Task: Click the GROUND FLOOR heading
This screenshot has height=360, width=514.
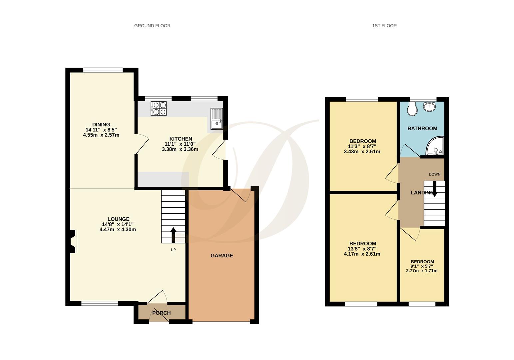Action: pyautogui.click(x=152, y=26)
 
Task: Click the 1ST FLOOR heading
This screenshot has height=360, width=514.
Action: pyautogui.click(x=384, y=26)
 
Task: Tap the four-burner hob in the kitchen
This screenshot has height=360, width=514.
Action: pyautogui.click(x=159, y=108)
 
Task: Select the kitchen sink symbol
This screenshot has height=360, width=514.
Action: pyautogui.click(x=217, y=119)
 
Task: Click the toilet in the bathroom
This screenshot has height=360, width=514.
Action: pyautogui.click(x=412, y=109)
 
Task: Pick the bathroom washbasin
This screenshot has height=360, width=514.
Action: pyautogui.click(x=429, y=107)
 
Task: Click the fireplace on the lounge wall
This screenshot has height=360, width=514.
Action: pyautogui.click(x=73, y=241)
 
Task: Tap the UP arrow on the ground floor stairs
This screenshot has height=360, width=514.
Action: pyautogui.click(x=173, y=235)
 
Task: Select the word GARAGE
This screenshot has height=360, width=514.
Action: pyautogui.click(x=222, y=256)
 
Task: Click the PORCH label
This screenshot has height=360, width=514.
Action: pyautogui.click(x=161, y=313)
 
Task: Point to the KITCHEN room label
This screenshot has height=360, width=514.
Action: pyautogui.click(x=181, y=139)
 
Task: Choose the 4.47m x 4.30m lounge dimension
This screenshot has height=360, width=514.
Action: pyautogui.click(x=118, y=230)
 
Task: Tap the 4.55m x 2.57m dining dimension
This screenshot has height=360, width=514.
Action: pyautogui.click(x=101, y=135)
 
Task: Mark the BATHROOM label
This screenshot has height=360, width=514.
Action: pyautogui.click(x=422, y=128)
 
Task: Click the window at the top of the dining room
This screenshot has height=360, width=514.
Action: pyautogui.click(x=103, y=70)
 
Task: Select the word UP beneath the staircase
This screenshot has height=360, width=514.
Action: pyautogui.click(x=173, y=250)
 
